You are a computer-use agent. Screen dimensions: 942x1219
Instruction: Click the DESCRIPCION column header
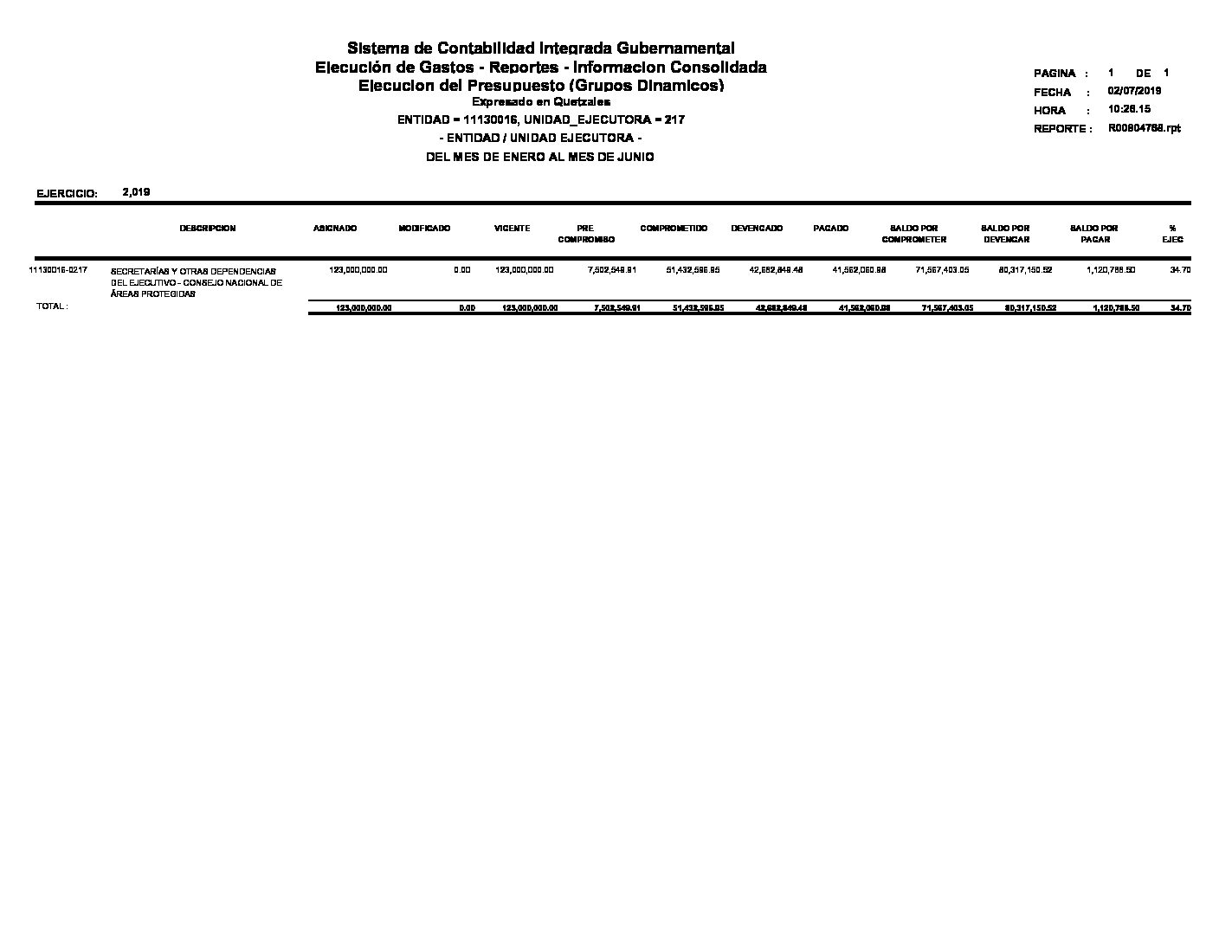coord(208,229)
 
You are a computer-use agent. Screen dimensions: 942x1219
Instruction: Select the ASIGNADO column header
coord(334,229)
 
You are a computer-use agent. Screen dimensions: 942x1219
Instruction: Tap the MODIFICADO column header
coord(424,229)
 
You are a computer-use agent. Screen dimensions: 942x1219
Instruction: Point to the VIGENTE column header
coord(512,229)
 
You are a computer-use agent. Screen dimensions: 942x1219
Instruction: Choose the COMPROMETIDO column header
coord(674,229)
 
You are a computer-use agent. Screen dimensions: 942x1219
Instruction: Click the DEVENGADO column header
coord(757,229)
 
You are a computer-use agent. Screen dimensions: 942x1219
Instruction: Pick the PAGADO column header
coord(831,229)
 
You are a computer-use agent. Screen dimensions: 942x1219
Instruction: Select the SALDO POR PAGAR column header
coord(1094,234)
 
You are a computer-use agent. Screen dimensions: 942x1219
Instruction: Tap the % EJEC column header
coord(1172,234)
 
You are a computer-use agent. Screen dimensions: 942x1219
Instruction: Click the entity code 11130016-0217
coord(58,270)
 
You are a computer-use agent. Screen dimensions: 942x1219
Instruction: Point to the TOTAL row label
coord(52,306)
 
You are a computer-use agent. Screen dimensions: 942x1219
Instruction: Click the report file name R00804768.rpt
coord(1144,128)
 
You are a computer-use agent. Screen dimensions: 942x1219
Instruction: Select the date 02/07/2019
coord(1134,91)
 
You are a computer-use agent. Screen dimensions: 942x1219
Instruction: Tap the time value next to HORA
coord(1129,110)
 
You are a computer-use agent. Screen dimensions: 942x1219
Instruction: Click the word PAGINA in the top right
coord(1054,74)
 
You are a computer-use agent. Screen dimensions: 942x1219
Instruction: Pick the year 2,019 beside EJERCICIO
coord(137,192)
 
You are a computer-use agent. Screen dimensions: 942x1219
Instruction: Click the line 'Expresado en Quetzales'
coord(540,102)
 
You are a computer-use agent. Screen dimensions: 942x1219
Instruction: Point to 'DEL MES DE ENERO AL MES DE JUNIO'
coord(540,158)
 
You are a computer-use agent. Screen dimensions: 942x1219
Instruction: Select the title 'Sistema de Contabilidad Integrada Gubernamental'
coord(540,48)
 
